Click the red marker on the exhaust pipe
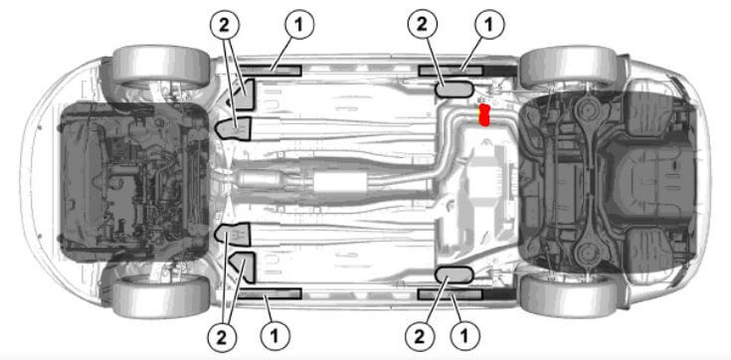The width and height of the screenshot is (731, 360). pos(485,115)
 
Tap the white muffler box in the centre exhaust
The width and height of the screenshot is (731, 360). pos(340,181)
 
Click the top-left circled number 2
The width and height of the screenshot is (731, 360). pos(225,24)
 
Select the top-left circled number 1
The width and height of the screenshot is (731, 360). pos(298,24)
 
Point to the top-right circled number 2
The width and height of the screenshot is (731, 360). pos(422,24)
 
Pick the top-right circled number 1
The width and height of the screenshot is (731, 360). pos(488,24)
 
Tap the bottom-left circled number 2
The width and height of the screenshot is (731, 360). pos(222,337)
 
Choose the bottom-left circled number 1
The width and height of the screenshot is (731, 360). pos(274,337)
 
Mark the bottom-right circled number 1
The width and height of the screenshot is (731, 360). pos(464,337)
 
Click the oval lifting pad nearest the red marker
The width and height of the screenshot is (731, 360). pos(455,90)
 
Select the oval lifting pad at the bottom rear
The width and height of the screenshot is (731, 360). pos(455,275)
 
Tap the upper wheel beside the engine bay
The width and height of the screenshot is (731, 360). pos(161,66)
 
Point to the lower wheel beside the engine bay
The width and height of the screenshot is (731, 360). pos(161,297)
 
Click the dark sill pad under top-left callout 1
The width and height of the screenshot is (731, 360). pos(270,71)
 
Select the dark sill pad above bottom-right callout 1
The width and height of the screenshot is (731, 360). pos(450,293)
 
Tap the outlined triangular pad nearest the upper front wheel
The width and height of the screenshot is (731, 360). pos(243,94)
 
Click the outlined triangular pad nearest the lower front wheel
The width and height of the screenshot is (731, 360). pos(243,268)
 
